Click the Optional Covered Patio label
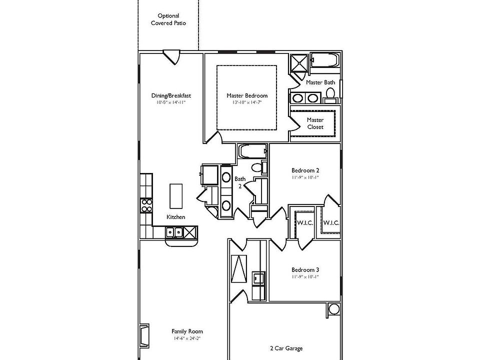[x=168, y=19]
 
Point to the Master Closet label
[x=315, y=123]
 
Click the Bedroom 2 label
[x=305, y=170]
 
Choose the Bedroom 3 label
[x=305, y=269]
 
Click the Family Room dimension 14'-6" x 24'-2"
[x=187, y=338]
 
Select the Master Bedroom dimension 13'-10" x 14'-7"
[x=247, y=102]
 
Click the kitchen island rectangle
[x=176, y=196]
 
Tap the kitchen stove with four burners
[x=147, y=205]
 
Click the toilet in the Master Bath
[x=330, y=93]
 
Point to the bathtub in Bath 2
[x=252, y=150]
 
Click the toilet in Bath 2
[x=256, y=168]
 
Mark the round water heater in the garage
[x=333, y=309]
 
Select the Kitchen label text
[x=176, y=217]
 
